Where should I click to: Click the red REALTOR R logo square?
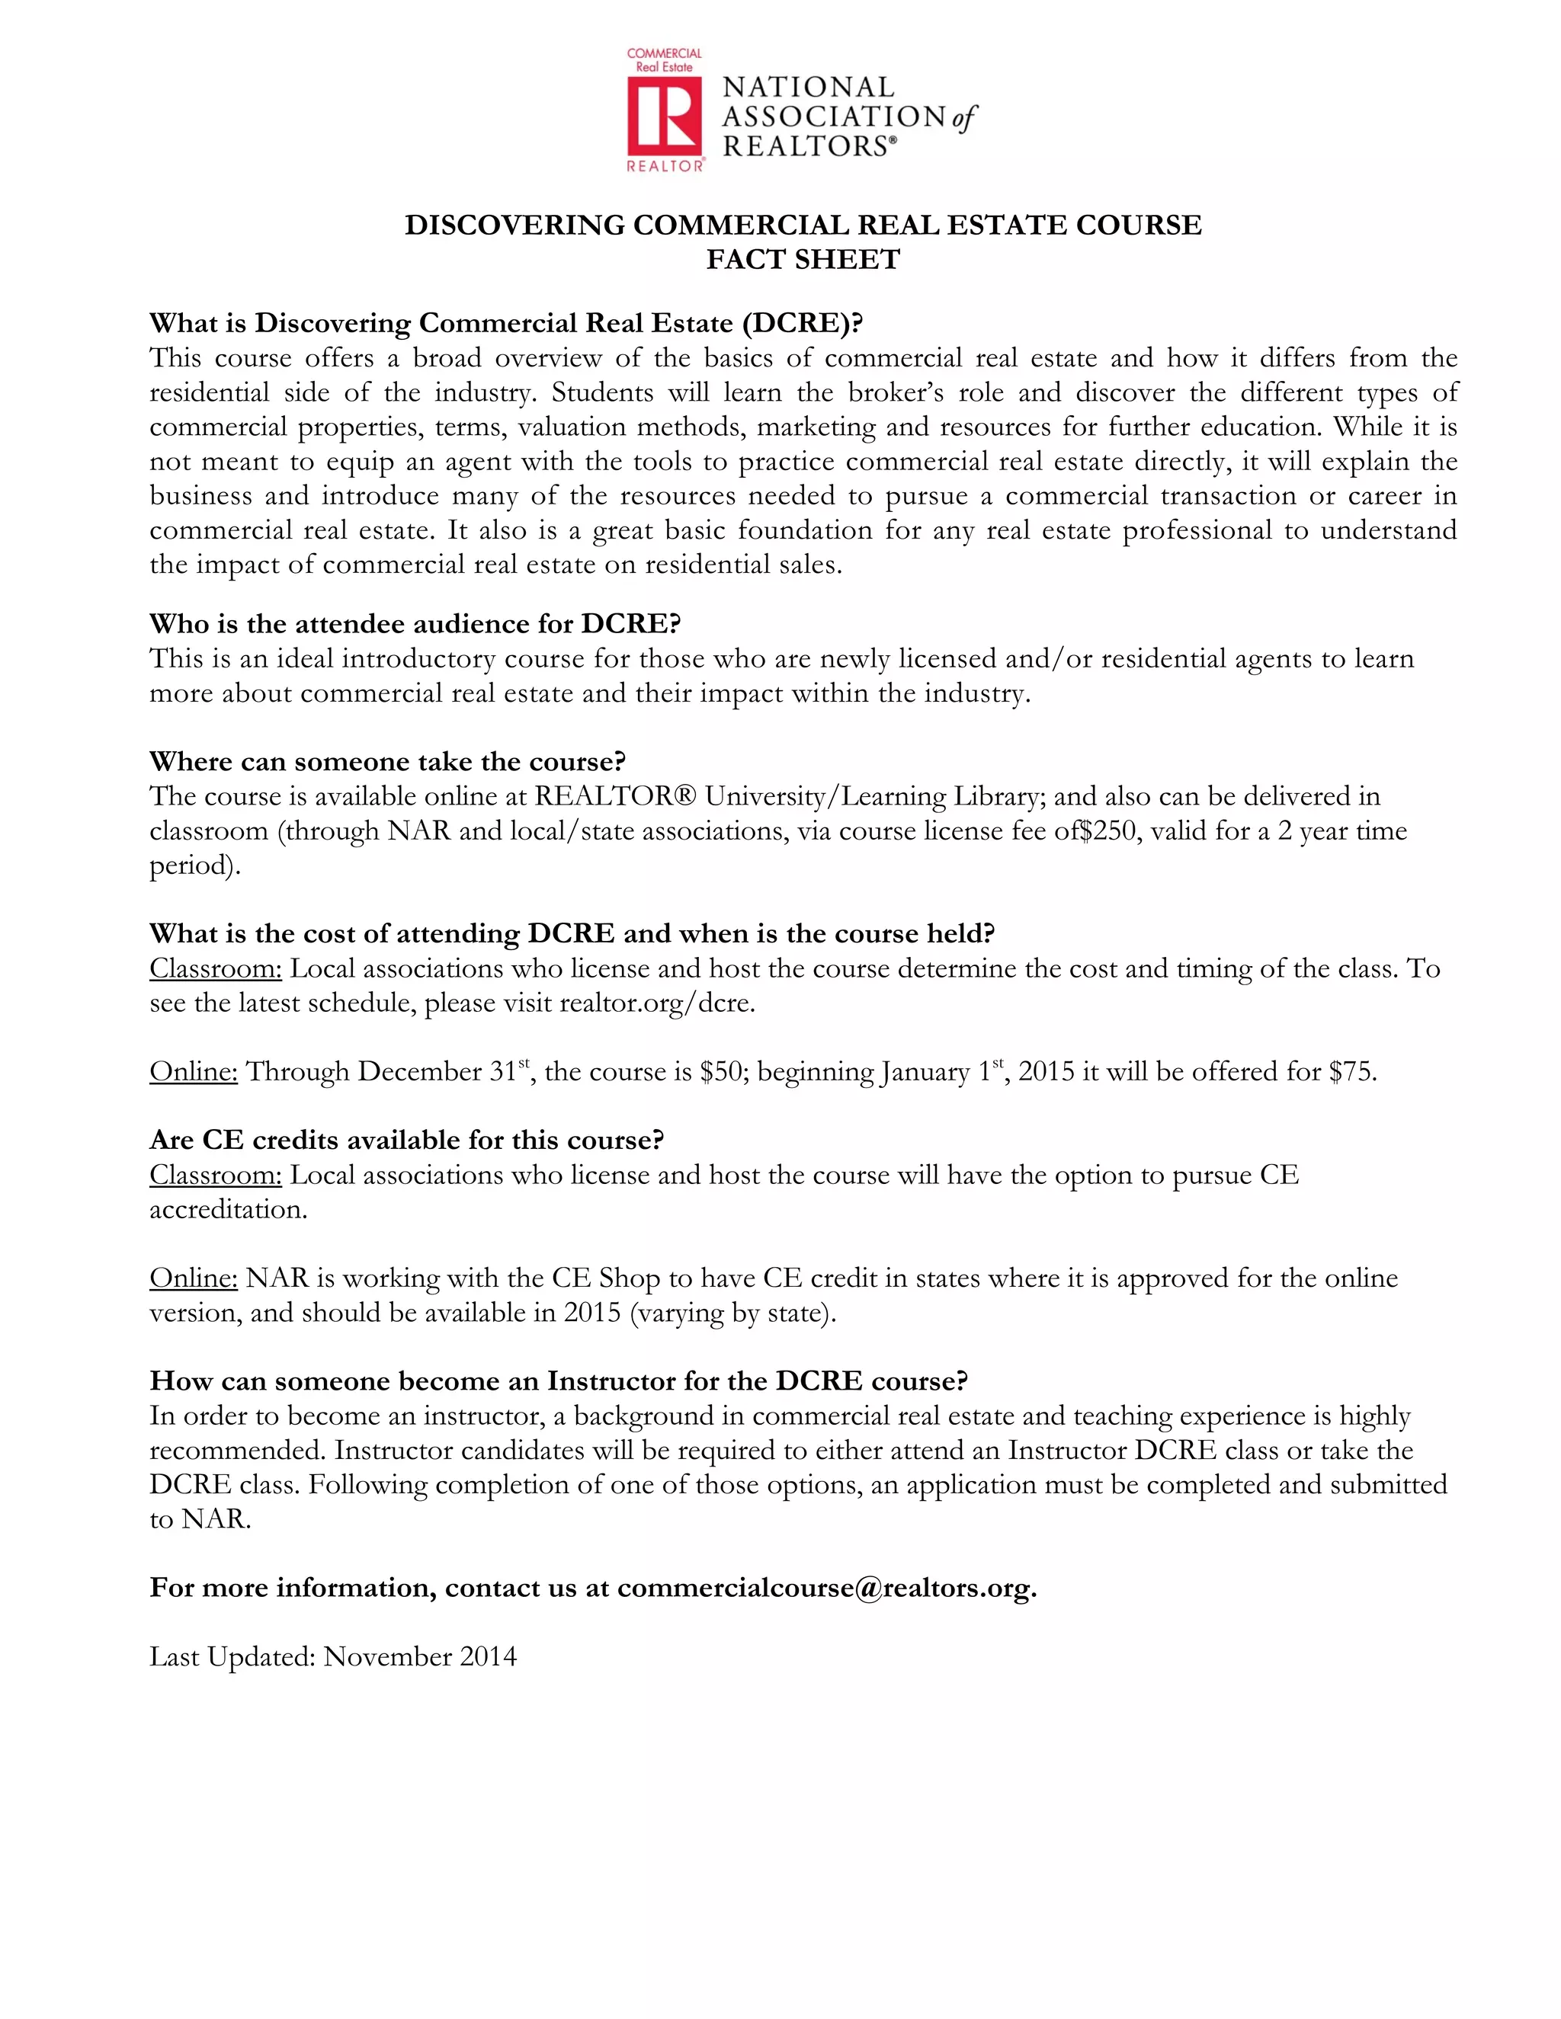pyautogui.click(x=664, y=116)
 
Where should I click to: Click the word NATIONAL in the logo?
pyautogui.click(x=807, y=87)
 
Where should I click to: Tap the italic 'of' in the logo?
pyautogui.click(x=963, y=117)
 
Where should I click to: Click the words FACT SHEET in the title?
pyautogui.click(x=803, y=260)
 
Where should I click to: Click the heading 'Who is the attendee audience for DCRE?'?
pyautogui.click(x=415, y=624)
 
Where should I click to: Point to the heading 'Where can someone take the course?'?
pyautogui.click(x=387, y=762)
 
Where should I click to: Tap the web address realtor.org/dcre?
pyautogui.click(x=656, y=1003)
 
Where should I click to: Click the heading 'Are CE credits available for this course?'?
pyautogui.click(x=407, y=1141)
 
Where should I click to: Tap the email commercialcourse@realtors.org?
pyautogui.click(x=825, y=1589)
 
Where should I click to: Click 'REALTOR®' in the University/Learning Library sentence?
pyautogui.click(x=616, y=797)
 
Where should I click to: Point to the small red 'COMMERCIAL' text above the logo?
pyautogui.click(x=664, y=53)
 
